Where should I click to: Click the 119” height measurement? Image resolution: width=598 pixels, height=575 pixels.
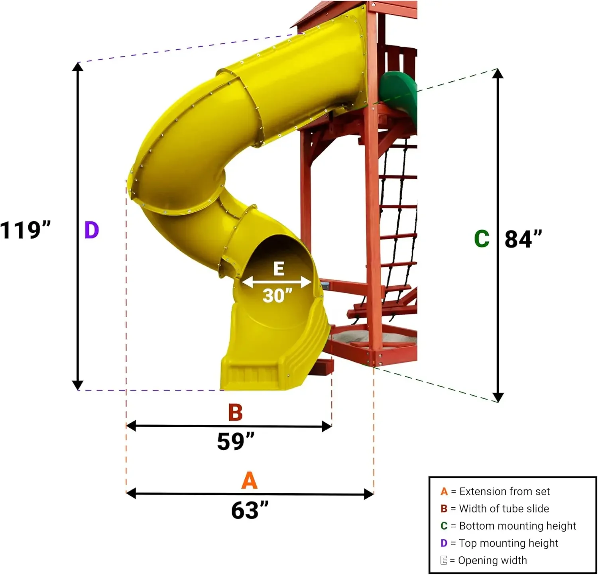click(x=26, y=230)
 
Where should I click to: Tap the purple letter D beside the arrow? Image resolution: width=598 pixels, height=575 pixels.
click(x=91, y=230)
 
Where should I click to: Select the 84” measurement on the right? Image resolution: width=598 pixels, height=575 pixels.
click(x=523, y=239)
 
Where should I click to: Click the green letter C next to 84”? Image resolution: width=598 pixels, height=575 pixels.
click(x=482, y=239)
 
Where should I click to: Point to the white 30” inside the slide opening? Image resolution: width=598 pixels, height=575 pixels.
click(x=277, y=296)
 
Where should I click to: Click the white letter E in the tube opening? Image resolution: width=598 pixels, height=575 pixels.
click(x=279, y=269)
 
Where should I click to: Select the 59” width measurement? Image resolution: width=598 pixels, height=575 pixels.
click(x=235, y=442)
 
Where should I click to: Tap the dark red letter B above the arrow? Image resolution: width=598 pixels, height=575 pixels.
click(x=235, y=412)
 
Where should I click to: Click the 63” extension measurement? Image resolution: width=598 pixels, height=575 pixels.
click(x=250, y=510)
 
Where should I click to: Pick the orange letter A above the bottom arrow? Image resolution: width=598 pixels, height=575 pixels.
click(x=249, y=481)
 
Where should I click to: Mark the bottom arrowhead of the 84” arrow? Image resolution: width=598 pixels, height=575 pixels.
click(x=498, y=397)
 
